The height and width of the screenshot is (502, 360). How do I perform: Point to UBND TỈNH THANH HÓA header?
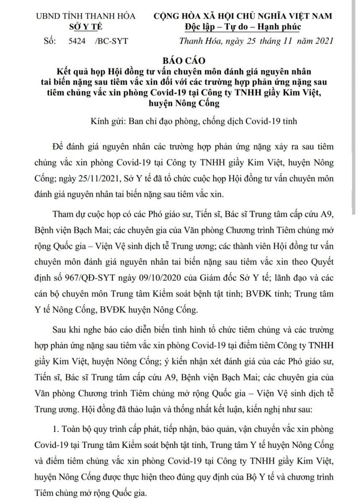[x=85, y=16]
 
